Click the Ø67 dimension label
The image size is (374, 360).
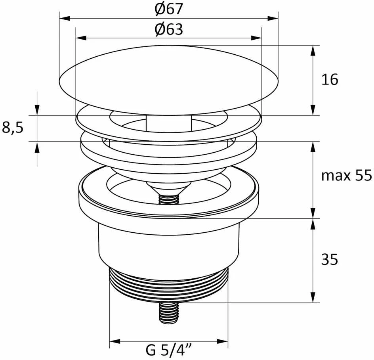(x=169, y=9)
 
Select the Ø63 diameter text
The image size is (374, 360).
(x=169, y=29)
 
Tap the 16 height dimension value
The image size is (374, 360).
(x=330, y=80)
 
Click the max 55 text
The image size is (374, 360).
(x=346, y=176)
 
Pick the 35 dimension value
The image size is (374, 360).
(x=330, y=259)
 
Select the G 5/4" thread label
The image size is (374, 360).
(x=169, y=350)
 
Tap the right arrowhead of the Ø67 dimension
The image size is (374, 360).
(x=273, y=18)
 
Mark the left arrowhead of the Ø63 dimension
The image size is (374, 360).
(x=81, y=38)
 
